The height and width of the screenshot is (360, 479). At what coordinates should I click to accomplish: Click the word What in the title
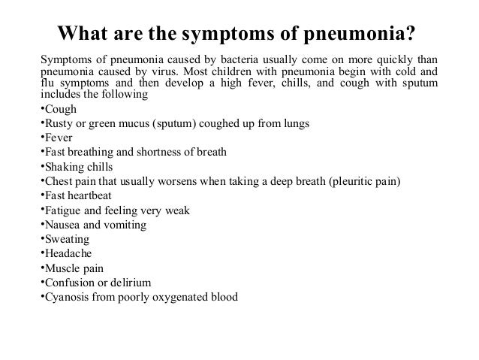pos(85,35)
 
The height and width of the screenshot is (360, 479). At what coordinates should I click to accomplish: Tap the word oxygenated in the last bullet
pos(178,296)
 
